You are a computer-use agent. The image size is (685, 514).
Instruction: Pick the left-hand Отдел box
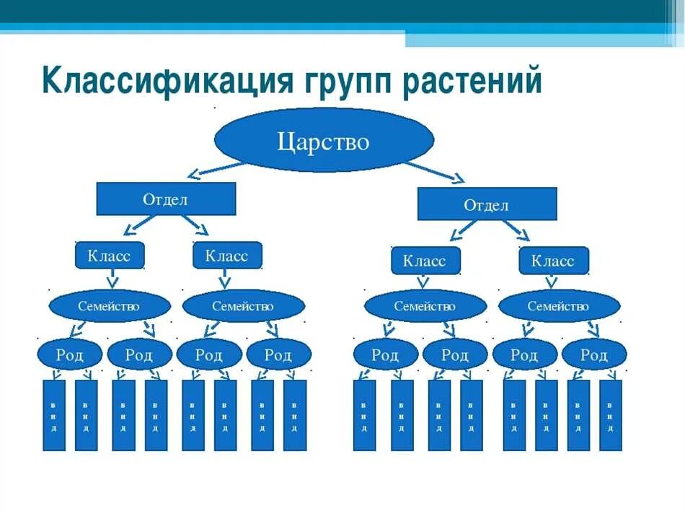pos(166,199)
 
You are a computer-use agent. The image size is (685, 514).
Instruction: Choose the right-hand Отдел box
pos(487,204)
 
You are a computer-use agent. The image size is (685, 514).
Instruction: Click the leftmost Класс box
pos(110,256)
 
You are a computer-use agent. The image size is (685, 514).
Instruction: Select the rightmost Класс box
pos(553,260)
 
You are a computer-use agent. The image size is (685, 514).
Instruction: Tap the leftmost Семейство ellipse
pos(109,306)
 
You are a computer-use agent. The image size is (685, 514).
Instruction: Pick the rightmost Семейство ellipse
pos(558,306)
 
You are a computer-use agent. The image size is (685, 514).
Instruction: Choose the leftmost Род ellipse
pos(69,354)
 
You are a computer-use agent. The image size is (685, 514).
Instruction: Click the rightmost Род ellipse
pos(593,354)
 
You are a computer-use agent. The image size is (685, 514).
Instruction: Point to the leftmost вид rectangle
pos(54,415)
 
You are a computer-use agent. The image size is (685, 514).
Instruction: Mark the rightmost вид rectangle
pos(610,415)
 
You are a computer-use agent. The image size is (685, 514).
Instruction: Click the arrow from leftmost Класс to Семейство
pos(112,279)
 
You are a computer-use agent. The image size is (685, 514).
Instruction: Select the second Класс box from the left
pos(226,256)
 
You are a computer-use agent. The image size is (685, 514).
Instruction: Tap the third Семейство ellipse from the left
pos(425,306)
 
